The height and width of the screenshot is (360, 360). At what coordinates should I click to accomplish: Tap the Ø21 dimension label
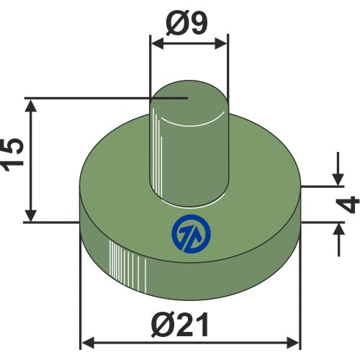(180, 325)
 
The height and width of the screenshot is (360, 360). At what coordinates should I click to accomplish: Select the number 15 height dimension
(12, 155)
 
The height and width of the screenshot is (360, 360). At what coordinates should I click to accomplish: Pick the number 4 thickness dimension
(351, 204)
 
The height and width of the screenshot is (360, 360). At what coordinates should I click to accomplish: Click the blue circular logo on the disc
(192, 234)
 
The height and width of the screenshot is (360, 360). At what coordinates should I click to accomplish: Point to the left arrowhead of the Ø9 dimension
(158, 44)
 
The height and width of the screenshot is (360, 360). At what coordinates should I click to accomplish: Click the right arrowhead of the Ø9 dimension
(220, 44)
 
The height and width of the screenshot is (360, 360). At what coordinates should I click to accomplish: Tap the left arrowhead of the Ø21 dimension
(88, 343)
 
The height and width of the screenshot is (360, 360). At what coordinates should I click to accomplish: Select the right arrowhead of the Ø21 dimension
(293, 343)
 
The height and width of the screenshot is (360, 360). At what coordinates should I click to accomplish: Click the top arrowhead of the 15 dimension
(31, 106)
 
